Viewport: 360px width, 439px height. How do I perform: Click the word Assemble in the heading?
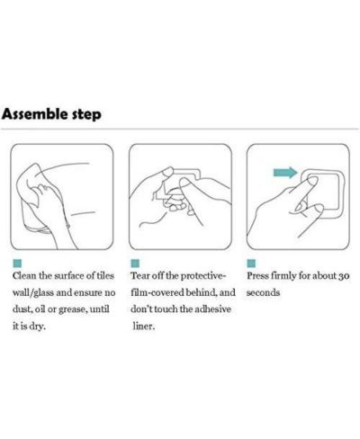coord(35,114)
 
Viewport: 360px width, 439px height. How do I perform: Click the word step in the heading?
coord(86,115)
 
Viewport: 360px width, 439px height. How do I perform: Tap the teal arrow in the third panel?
coord(285,173)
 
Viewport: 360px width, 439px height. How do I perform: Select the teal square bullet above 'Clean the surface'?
coord(17,264)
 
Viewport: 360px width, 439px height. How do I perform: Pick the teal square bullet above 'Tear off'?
coord(135,264)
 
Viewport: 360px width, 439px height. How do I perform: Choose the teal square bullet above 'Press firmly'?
coord(251,264)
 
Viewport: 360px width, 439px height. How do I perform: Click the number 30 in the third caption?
coord(344,276)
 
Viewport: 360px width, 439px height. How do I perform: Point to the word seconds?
coord(263,292)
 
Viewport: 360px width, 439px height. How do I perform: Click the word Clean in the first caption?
coord(24,276)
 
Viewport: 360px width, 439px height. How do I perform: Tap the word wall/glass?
coord(32,292)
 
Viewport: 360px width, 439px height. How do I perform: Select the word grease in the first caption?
coord(73,309)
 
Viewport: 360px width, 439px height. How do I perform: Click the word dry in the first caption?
coord(38,327)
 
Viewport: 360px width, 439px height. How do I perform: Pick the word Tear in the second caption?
coord(139,276)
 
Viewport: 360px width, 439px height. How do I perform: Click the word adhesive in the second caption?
coord(212,309)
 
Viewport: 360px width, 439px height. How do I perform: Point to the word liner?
coord(144,327)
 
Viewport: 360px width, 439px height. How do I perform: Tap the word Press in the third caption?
coord(257,276)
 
